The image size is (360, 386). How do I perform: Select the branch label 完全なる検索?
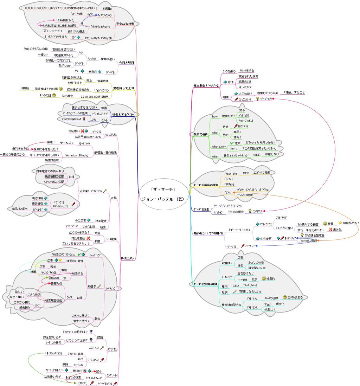125,24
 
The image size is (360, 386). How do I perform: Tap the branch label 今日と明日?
126,63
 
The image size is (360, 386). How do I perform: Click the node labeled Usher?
92,59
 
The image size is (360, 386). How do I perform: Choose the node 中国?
104,108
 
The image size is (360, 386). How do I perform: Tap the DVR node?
70,297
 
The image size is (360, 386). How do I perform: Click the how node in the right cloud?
215,116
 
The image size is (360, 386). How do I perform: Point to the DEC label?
246,173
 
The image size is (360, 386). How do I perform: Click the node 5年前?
258,155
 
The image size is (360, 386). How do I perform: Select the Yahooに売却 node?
308,241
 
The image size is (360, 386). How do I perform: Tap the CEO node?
236,286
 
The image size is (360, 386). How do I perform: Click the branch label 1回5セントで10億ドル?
208,233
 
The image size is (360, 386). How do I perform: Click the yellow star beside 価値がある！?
340,223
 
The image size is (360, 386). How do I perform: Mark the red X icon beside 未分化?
330,229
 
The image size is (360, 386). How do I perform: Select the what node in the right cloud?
215,133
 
